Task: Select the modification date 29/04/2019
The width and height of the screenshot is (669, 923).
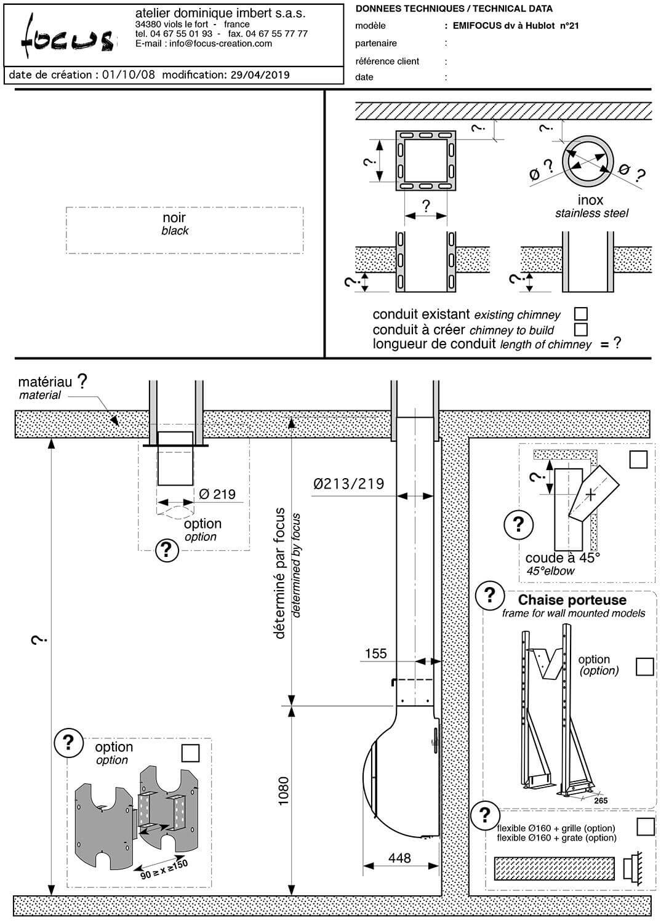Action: click(x=260, y=75)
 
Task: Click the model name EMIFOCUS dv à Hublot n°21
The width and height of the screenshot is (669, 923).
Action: click(x=515, y=26)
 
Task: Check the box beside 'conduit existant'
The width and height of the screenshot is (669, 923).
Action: click(x=580, y=314)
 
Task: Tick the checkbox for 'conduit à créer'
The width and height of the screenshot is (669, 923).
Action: click(x=580, y=329)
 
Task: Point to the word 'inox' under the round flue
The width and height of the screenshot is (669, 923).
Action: click(x=590, y=200)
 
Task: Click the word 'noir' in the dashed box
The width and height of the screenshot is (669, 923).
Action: click(x=174, y=218)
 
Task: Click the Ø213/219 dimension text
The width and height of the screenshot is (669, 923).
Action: click(x=348, y=484)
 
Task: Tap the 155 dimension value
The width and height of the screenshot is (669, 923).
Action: click(x=375, y=653)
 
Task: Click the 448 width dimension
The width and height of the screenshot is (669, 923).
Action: click(x=399, y=857)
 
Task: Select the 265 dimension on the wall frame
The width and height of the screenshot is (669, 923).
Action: click(x=601, y=801)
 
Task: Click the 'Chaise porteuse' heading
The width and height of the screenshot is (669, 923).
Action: click(x=572, y=600)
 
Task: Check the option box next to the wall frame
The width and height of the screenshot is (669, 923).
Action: click(x=644, y=666)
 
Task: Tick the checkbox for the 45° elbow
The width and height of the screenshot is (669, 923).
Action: click(x=638, y=459)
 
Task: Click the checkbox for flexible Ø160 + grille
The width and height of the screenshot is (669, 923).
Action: click(x=645, y=826)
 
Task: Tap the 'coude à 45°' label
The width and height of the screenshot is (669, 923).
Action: click(x=562, y=558)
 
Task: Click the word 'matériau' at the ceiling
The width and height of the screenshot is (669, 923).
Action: click(x=45, y=383)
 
